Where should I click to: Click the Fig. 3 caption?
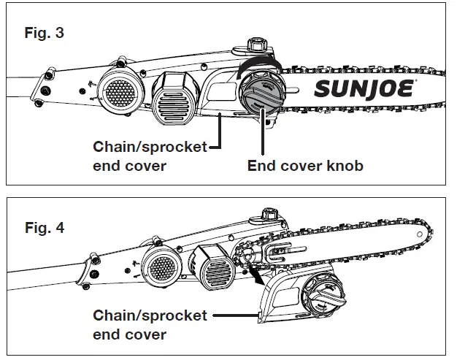click(44, 34)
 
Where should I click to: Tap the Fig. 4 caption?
click(44, 228)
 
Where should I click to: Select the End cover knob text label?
click(305, 166)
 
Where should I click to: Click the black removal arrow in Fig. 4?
click(254, 276)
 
